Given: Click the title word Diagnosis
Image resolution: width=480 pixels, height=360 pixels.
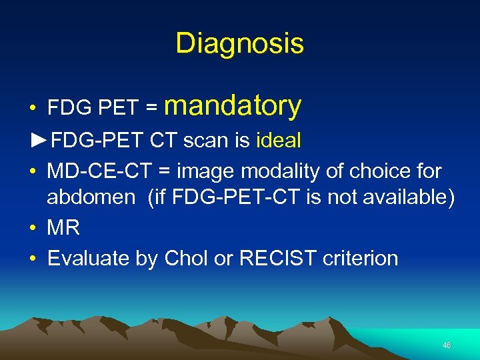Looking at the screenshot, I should [x=239, y=44].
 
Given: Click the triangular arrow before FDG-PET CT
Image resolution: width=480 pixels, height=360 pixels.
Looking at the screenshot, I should [x=39, y=141].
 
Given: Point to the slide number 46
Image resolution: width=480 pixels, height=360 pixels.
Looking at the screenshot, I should [x=446, y=345].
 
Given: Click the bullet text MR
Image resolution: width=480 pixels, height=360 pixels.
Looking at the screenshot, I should [x=63, y=228].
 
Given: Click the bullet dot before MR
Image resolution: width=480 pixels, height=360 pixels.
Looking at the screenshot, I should [x=33, y=229].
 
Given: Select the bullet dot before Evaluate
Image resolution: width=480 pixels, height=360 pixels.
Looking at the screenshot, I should [x=33, y=259].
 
